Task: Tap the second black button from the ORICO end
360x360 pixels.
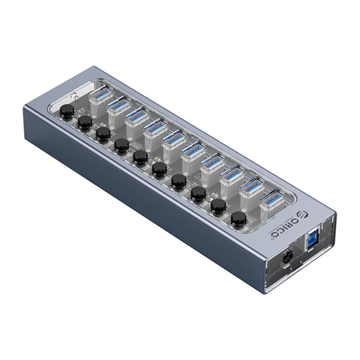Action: coord(217,205)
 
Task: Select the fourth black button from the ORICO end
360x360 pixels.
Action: coord(178,181)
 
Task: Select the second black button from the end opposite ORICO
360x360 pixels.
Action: coord(85,122)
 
